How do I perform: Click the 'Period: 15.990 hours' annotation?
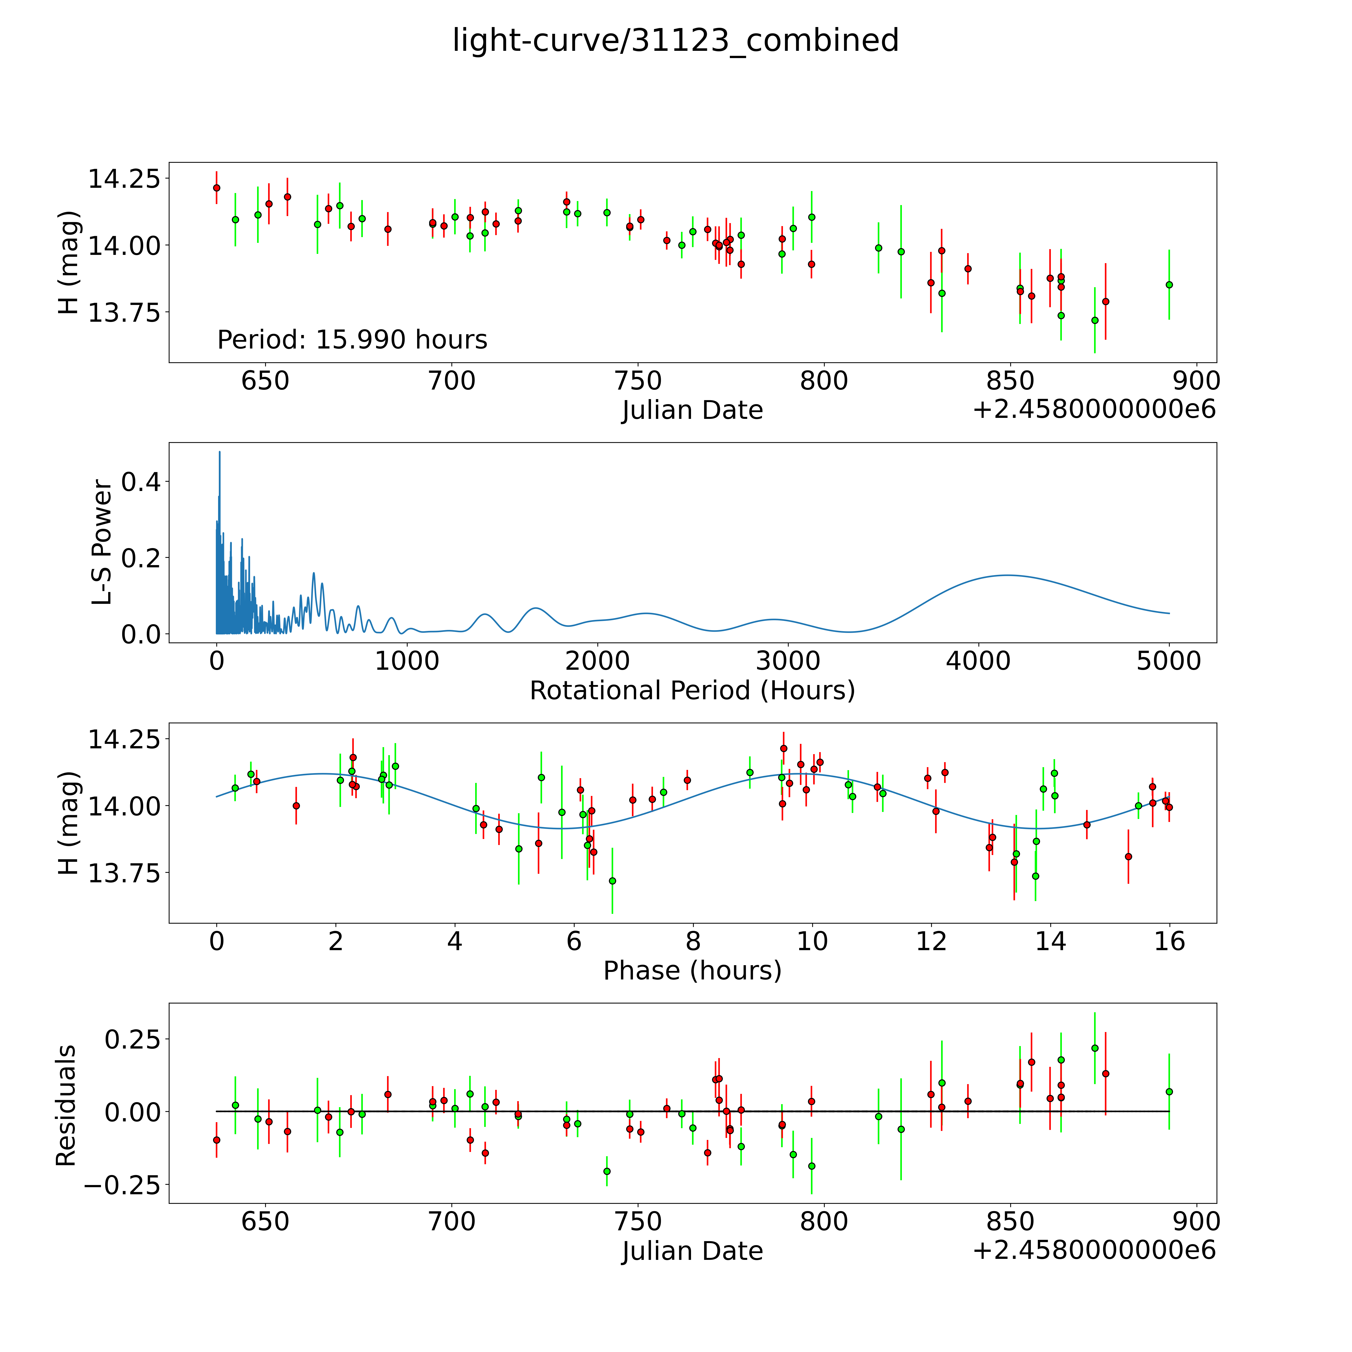coord(352,340)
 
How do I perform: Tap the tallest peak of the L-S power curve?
coord(220,452)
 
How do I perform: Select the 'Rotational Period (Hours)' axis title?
coord(692,691)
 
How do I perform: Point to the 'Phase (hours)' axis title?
coord(692,971)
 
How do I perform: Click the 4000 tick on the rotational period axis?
coord(978,661)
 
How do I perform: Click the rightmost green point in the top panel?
coord(1169,285)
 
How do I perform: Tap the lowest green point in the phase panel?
coord(612,880)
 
